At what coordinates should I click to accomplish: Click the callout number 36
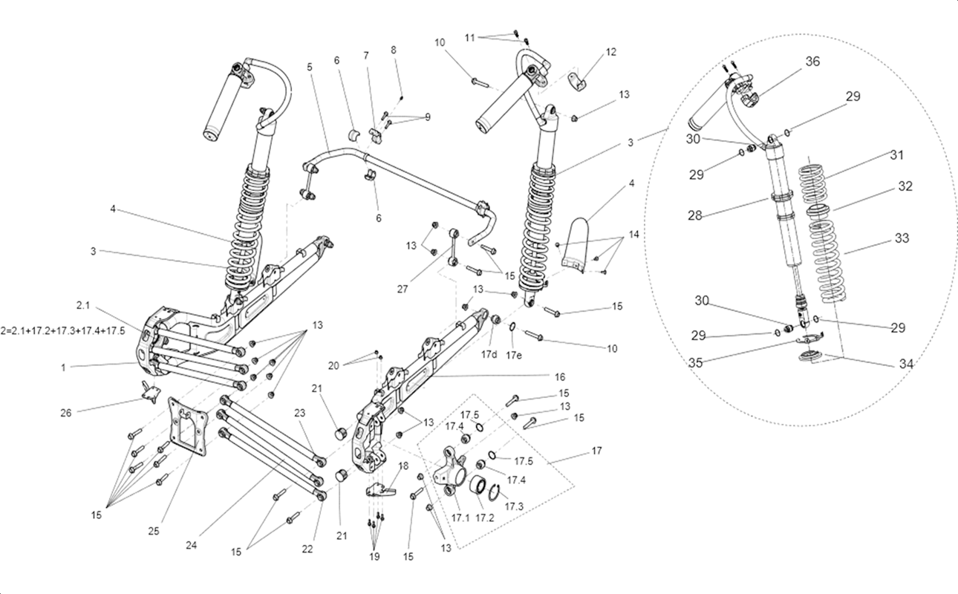(812, 62)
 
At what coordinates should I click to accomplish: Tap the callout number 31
(897, 155)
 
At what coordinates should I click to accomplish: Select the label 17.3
(514, 507)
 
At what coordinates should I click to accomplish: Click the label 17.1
(460, 518)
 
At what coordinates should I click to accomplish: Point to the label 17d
(489, 354)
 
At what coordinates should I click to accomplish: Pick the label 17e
(514, 356)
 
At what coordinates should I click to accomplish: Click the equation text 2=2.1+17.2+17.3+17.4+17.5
(63, 331)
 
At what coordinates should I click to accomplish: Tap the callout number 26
(66, 413)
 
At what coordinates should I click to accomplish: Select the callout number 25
(154, 531)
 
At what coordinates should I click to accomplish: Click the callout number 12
(611, 52)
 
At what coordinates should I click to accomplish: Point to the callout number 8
(394, 50)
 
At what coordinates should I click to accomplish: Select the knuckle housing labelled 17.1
(449, 471)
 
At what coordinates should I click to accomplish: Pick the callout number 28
(695, 215)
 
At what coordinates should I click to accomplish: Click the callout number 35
(695, 362)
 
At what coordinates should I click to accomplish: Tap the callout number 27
(402, 290)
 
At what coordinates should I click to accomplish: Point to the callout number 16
(560, 376)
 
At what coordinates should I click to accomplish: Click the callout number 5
(309, 67)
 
